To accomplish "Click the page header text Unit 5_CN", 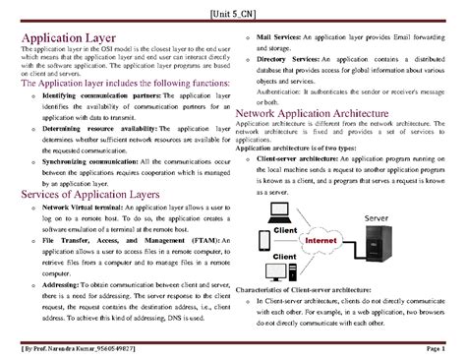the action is point(233,14).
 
